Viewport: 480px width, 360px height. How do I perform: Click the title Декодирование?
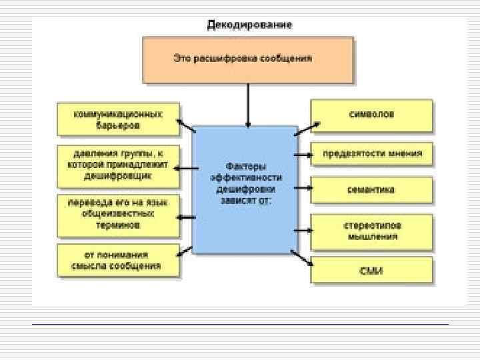click(x=249, y=25)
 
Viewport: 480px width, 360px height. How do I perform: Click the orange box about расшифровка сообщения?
click(x=248, y=59)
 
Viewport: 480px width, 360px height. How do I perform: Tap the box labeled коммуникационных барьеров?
click(x=118, y=118)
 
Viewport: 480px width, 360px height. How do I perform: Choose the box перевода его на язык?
click(x=118, y=215)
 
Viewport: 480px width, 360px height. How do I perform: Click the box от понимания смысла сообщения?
click(x=118, y=260)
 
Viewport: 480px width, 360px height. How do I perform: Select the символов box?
click(x=371, y=115)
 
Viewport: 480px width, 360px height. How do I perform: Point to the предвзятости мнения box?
click(x=372, y=153)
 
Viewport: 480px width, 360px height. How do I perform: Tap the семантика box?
click(x=371, y=189)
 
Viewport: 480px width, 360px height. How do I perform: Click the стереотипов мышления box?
click(x=371, y=230)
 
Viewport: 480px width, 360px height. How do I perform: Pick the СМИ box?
click(x=371, y=271)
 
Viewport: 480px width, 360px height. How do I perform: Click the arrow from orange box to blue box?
click(x=248, y=105)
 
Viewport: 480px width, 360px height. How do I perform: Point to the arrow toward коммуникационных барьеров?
click(x=186, y=125)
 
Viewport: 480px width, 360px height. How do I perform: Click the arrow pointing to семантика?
click(x=303, y=190)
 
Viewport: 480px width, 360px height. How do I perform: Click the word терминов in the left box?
click(x=118, y=225)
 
